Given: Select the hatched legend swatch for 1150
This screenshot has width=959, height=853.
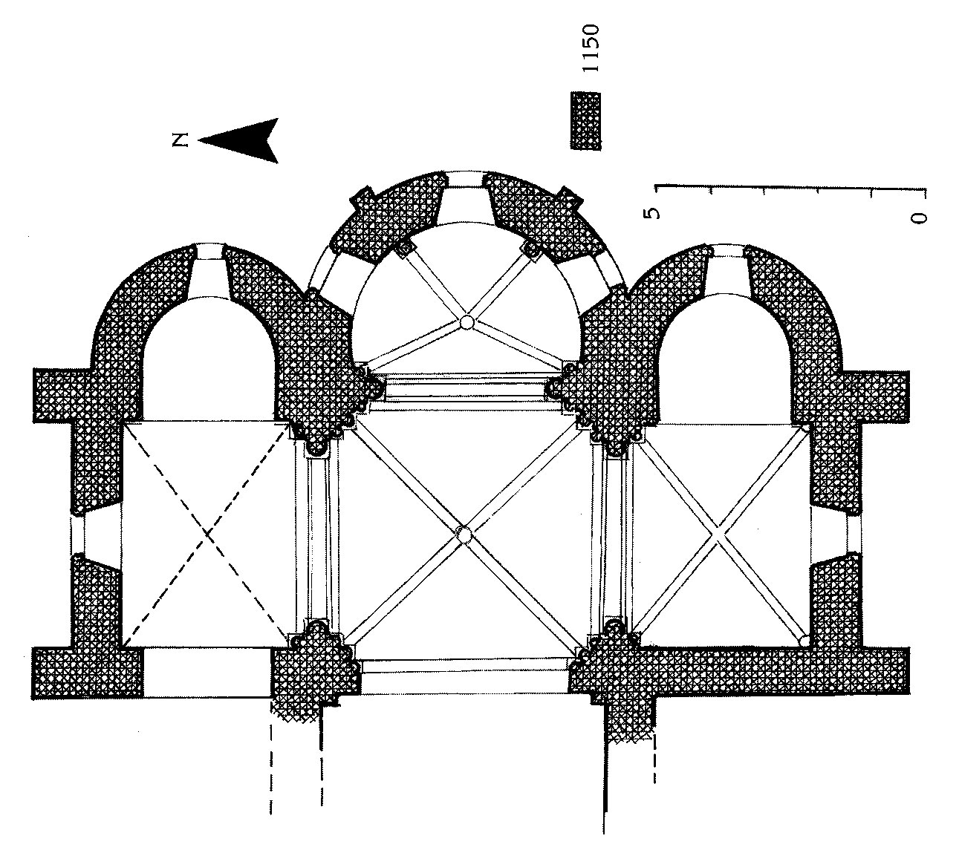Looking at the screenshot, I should click(585, 121).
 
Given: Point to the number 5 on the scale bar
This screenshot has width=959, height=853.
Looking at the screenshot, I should click(653, 212).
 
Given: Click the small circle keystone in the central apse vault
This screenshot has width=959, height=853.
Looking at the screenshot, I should click(467, 321).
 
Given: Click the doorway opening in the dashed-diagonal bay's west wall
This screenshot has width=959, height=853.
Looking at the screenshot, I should click(207, 672).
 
